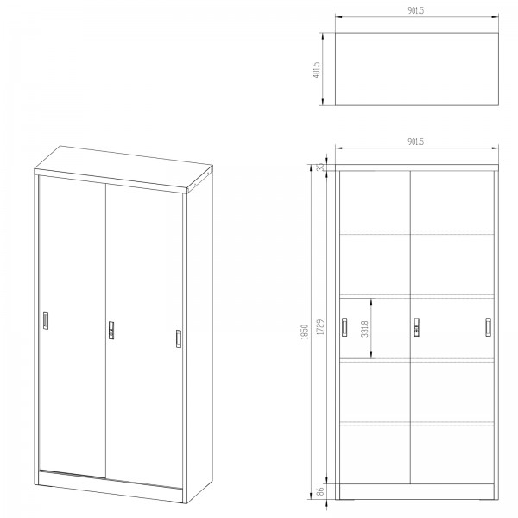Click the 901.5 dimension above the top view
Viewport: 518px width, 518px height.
click(x=415, y=10)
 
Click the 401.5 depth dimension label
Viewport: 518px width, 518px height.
click(x=316, y=70)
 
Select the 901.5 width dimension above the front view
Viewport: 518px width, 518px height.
click(x=415, y=142)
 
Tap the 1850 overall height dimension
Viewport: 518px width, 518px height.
click(x=305, y=332)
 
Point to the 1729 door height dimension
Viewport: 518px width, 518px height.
click(x=320, y=327)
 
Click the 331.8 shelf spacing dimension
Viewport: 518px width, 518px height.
click(x=364, y=329)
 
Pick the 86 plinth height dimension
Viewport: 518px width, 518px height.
click(x=320, y=491)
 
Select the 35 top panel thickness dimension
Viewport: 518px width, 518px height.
click(x=320, y=167)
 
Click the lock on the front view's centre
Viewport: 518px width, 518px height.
click(x=417, y=327)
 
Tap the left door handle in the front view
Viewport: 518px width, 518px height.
click(x=344, y=327)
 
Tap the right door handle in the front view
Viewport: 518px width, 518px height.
click(x=488, y=327)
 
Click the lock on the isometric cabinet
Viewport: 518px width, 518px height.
click(x=111, y=330)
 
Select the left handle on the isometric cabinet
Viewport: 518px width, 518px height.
click(x=46, y=320)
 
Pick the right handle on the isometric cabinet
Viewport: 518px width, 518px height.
click(x=179, y=338)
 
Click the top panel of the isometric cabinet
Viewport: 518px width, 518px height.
click(x=123, y=168)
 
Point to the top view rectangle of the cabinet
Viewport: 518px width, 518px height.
click(x=417, y=69)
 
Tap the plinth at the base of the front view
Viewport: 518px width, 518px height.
click(x=417, y=491)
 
